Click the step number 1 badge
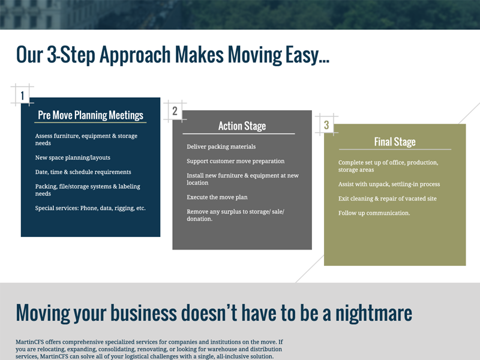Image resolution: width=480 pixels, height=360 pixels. click(22, 95)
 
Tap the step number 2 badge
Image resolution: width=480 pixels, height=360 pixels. click(175, 110)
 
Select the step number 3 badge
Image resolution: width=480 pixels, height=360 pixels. click(326, 125)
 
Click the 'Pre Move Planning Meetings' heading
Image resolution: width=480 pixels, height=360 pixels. click(91, 115)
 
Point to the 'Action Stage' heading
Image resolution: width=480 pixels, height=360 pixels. click(242, 126)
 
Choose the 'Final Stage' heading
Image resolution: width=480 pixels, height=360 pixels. click(395, 142)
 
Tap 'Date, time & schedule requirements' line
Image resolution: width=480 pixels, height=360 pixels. click(83, 172)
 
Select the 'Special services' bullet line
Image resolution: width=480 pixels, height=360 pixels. click(91, 208)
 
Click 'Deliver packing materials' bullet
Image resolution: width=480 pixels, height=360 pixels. click(221, 146)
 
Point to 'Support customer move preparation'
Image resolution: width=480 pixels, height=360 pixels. click(236, 161)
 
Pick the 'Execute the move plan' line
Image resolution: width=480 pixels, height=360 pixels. click(217, 197)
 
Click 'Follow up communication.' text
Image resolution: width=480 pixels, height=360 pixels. click(374, 213)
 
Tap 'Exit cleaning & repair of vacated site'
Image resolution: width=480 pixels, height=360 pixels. click(388, 199)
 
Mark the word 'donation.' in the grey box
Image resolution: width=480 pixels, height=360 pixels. click(200, 219)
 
